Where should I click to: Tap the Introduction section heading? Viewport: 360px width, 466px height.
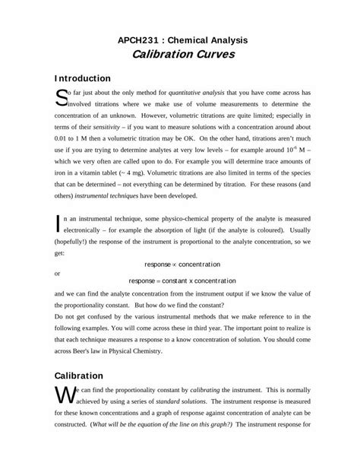point(84,78)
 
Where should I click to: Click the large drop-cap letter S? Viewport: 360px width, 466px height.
point(62,97)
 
